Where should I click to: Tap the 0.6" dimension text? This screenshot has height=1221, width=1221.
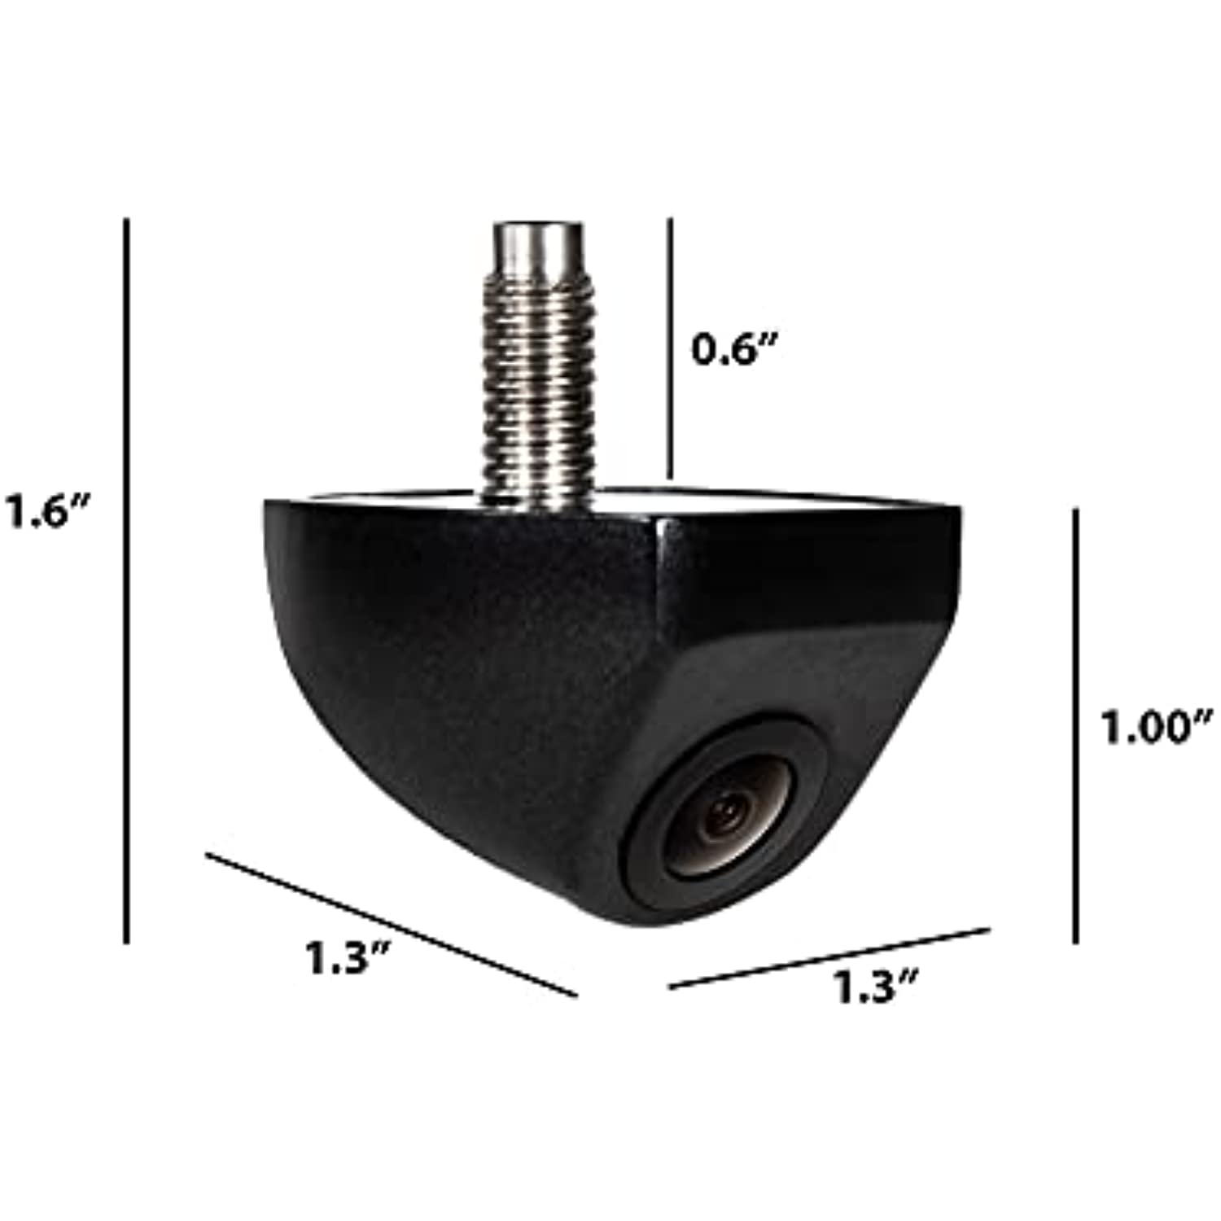coord(734,349)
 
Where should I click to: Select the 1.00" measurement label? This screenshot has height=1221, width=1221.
coord(1155,726)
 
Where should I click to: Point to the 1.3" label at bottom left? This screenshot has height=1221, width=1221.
coord(348,957)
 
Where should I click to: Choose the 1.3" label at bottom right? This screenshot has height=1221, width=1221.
coord(874,987)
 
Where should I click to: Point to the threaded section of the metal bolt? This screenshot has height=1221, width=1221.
coord(537,391)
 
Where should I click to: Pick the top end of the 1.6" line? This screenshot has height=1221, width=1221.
coord(126,221)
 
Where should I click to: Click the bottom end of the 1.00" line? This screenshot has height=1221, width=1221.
coord(1075,940)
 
